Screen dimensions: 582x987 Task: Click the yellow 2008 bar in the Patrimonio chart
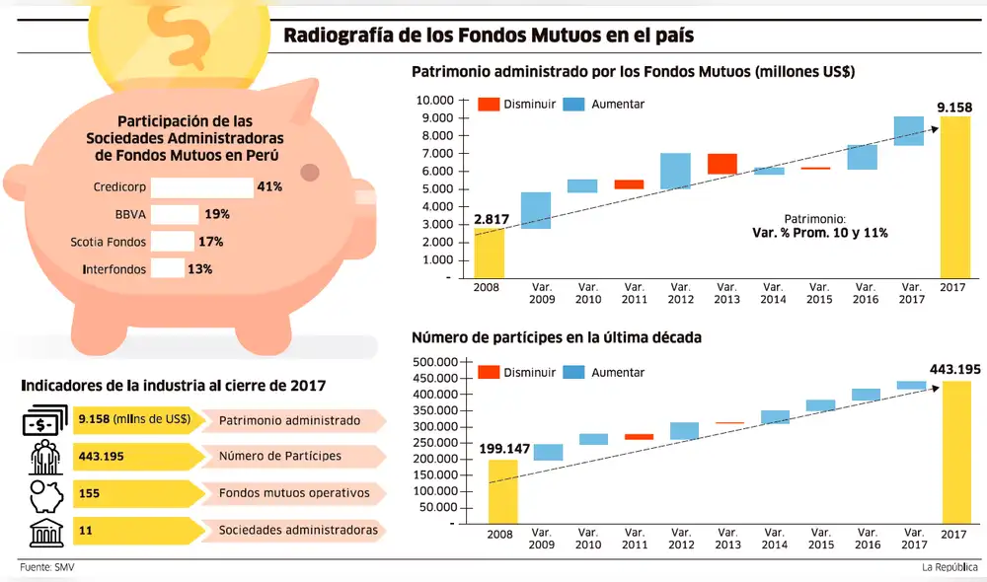tap(489, 253)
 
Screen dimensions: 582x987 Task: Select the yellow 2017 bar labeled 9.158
tap(954, 197)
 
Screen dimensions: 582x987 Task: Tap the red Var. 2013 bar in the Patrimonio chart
tap(721, 164)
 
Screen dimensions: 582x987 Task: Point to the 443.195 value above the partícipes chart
tap(954, 370)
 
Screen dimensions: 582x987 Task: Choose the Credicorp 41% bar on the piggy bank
tap(201, 186)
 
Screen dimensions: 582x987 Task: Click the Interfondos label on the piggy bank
tap(109, 268)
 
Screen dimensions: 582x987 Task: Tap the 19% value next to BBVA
tap(217, 214)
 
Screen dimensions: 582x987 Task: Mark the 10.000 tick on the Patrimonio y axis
tap(434, 101)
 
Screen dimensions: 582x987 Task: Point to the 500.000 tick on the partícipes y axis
tap(434, 363)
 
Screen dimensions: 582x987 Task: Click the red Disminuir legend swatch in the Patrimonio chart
tap(489, 104)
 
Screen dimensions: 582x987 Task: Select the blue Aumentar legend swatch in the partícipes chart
tap(573, 372)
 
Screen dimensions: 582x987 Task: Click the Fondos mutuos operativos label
tap(294, 493)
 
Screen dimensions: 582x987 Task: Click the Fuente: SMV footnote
tap(47, 567)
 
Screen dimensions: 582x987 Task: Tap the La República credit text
tap(949, 567)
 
